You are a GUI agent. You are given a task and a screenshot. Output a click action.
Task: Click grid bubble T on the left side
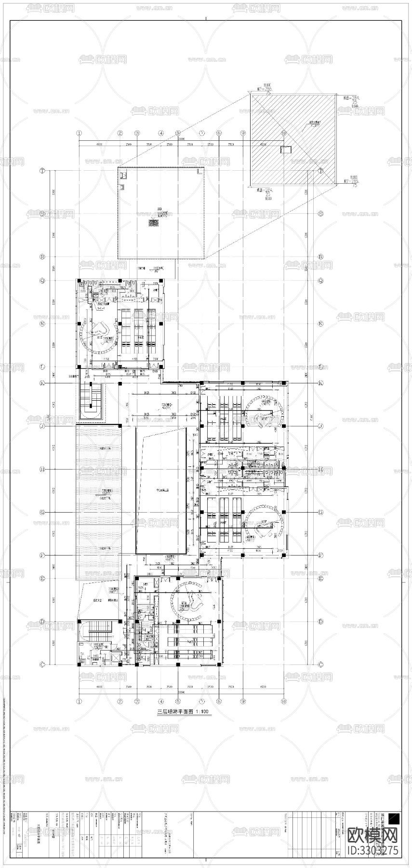(x=42, y=171)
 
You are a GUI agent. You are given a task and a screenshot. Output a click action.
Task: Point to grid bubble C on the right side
(x=320, y=665)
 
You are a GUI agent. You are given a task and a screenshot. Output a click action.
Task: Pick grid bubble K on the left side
(x=42, y=383)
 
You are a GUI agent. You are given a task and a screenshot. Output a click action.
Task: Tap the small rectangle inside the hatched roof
(x=286, y=150)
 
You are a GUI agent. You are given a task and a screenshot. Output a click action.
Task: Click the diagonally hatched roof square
(x=292, y=139)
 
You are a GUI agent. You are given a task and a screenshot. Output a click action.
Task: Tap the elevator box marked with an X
(x=116, y=657)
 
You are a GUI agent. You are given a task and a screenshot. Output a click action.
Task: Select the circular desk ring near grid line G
(x=263, y=523)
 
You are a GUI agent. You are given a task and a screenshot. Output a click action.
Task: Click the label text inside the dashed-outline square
(x=154, y=222)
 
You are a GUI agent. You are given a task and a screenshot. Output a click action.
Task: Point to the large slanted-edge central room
(x=162, y=489)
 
